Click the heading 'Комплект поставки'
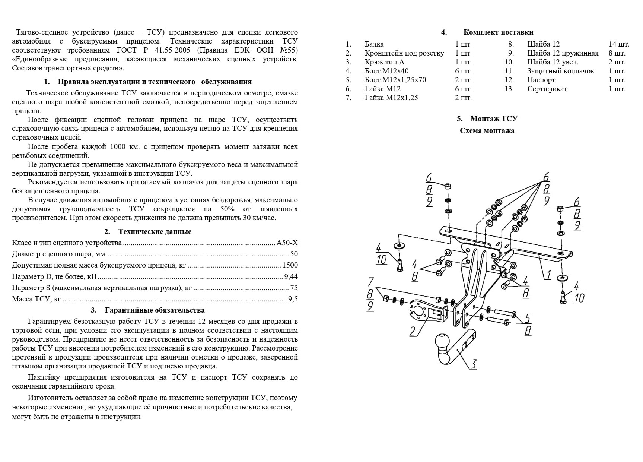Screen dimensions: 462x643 (x=498, y=32)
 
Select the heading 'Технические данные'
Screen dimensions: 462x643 (x=155, y=231)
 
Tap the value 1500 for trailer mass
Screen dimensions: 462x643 (x=290, y=265)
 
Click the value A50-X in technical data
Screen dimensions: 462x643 (x=287, y=243)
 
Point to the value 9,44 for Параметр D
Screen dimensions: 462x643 (x=290, y=276)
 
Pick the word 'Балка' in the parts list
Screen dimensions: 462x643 (x=374, y=44)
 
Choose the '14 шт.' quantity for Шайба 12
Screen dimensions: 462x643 (x=619, y=44)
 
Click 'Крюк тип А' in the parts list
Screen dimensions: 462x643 (x=384, y=62)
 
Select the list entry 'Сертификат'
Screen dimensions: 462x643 (x=547, y=89)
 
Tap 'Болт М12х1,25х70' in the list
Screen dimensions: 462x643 (x=395, y=80)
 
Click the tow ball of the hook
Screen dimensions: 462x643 (x=443, y=341)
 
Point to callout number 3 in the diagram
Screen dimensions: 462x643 (x=473, y=364)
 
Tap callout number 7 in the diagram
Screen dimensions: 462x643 (x=370, y=282)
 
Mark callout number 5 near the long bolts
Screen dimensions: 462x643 (x=528, y=319)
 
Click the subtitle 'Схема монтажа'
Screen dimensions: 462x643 (x=487, y=131)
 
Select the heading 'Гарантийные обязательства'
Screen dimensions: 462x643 (x=155, y=310)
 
